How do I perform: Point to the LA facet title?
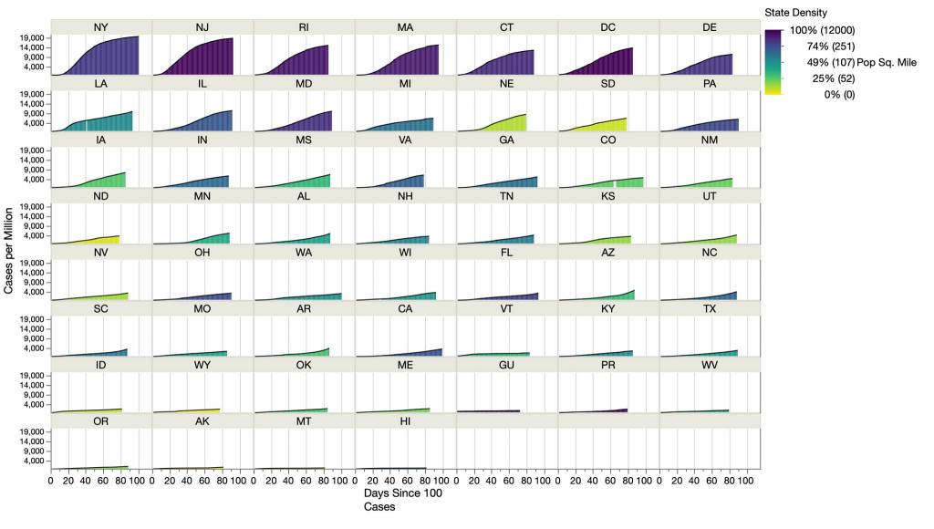pyautogui.click(x=100, y=83)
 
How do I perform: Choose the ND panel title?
pyautogui.click(x=100, y=195)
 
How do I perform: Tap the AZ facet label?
pyautogui.click(x=607, y=252)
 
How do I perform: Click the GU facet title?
pyautogui.click(x=506, y=365)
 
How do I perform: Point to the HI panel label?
pyautogui.click(x=405, y=420)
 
